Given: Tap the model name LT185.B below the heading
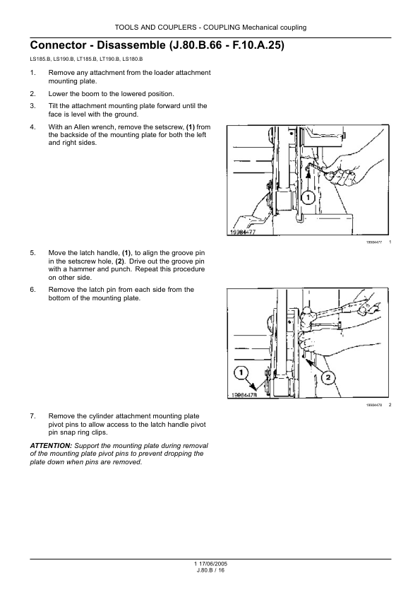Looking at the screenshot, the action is pos(88,59).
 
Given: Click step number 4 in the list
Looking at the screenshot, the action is pos(32,127).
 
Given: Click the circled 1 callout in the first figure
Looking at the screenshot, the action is pos(308,197).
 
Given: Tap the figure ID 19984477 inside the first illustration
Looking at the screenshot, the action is pos(243,232).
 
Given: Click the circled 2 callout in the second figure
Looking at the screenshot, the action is pos(328,377).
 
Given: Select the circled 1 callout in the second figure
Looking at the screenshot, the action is pos(241,372).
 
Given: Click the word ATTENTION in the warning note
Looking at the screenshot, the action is pos(51,445).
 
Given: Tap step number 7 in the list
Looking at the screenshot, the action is pos(32,416).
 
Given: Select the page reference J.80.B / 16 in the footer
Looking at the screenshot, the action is pos(210,570).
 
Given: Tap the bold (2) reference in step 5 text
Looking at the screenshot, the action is pos(120,261).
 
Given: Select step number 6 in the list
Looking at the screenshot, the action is pos(32,290).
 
